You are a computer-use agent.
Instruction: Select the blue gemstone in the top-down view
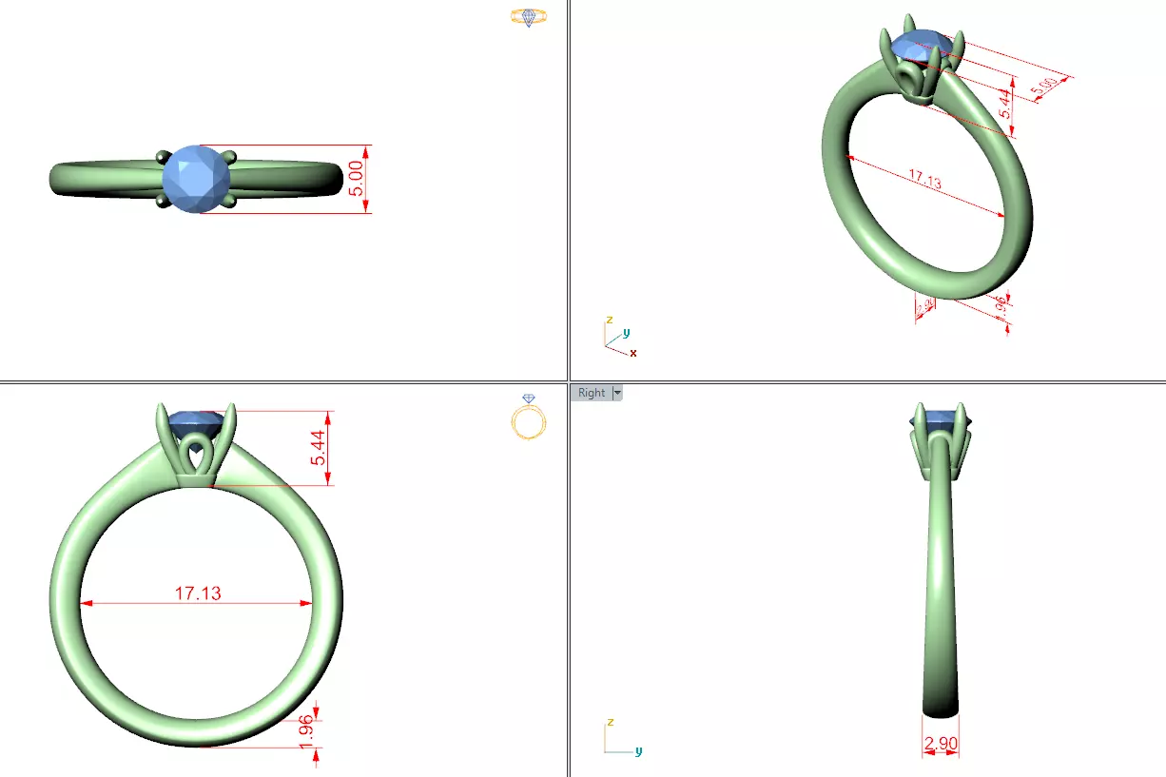pos(196,178)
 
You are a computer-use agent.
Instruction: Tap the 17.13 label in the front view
pos(198,592)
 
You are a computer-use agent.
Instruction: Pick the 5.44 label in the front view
pos(318,447)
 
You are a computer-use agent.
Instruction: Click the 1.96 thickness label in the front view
pos(305,733)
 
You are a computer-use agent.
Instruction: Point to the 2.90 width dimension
pos(941,744)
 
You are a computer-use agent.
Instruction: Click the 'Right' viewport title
pos(591,393)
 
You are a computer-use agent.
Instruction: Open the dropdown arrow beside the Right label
pos(617,393)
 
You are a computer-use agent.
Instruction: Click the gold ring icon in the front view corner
pos(529,418)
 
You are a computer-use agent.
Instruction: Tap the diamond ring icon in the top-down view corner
pos(528,17)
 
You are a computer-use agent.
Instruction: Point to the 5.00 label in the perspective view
pos(1043,87)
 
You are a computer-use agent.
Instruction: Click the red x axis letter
pos(633,353)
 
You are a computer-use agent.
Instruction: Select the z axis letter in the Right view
pos(608,722)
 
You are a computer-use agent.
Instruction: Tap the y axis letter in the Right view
pos(638,750)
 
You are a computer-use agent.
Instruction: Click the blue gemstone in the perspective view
pos(920,45)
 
